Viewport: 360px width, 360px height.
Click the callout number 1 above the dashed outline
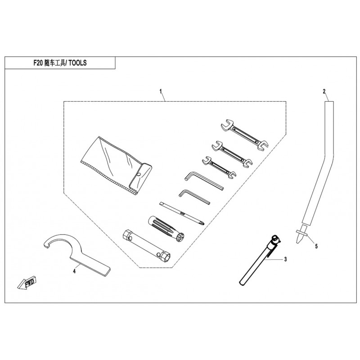[x=161, y=91]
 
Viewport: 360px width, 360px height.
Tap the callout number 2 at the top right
[x=324, y=91]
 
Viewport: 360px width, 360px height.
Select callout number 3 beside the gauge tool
[x=285, y=259]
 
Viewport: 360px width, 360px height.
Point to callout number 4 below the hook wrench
[x=74, y=271]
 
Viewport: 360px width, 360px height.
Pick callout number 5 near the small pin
[x=316, y=246]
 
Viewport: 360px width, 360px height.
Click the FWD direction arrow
[x=27, y=283]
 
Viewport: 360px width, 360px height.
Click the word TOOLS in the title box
[x=77, y=63]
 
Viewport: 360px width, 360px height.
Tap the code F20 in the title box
[x=38, y=63]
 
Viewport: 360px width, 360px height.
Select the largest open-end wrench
[x=245, y=135]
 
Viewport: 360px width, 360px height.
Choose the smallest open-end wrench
[x=219, y=167]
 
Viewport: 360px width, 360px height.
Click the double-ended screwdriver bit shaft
[x=182, y=213]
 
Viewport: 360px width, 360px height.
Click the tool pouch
[x=117, y=165]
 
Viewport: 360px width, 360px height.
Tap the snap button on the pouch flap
[x=139, y=175]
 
